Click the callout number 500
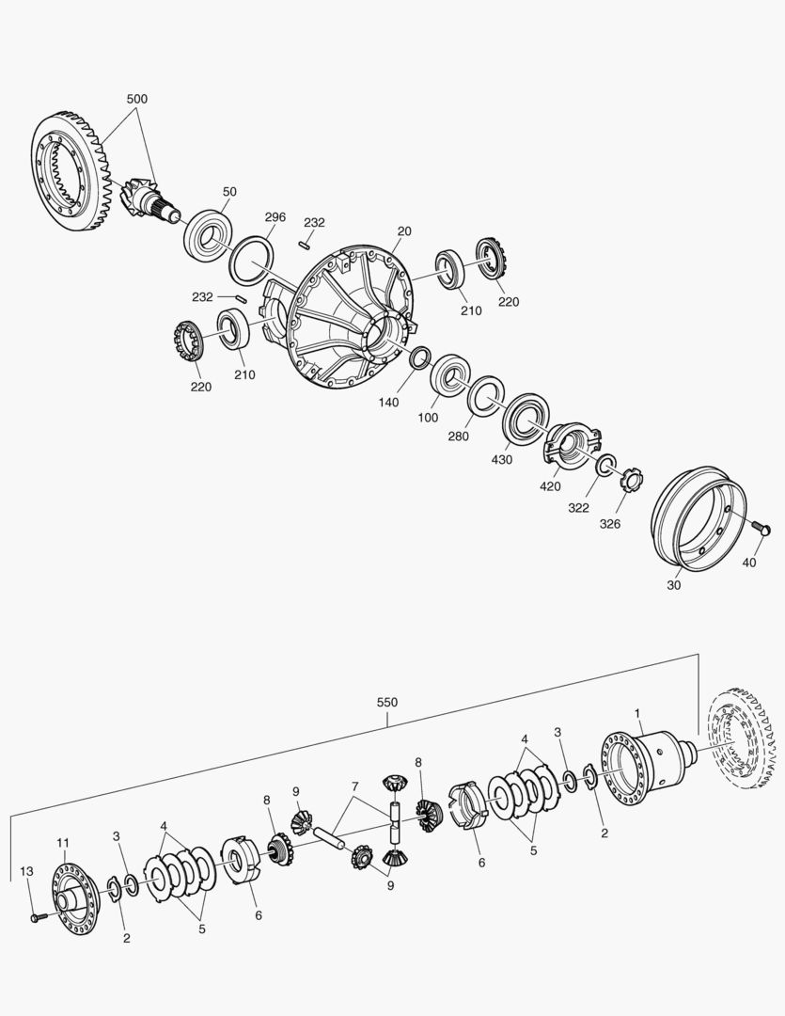tap(136, 99)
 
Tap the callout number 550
tap(387, 703)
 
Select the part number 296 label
tap(275, 217)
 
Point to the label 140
tap(388, 403)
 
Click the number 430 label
tap(502, 459)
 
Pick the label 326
tap(609, 524)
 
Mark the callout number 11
tap(63, 842)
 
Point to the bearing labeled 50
tap(210, 234)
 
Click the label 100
tap(428, 418)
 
